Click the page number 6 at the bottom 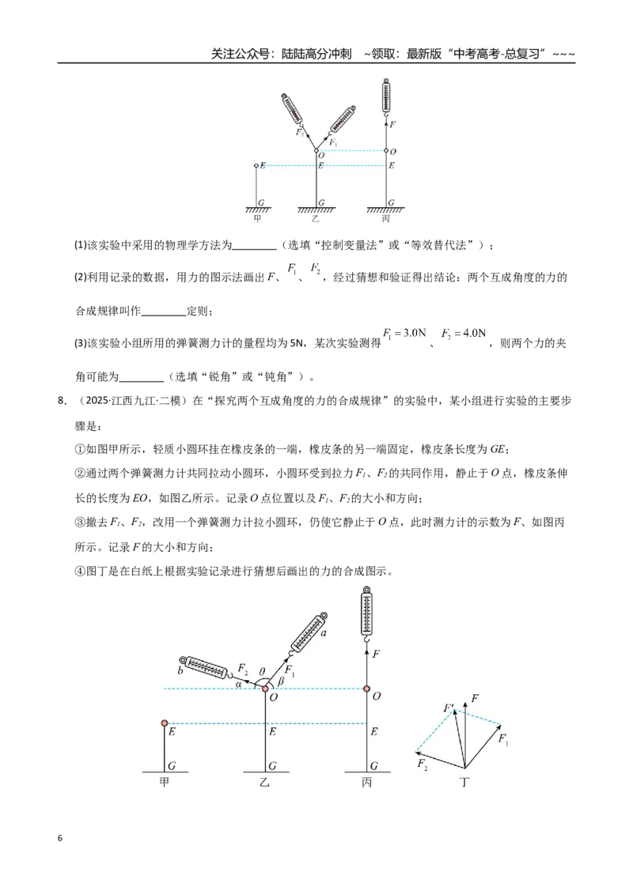click(x=60, y=838)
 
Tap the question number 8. click(x=63, y=401)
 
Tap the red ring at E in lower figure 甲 click(x=165, y=723)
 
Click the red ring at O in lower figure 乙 click(x=265, y=689)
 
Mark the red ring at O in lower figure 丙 click(x=367, y=689)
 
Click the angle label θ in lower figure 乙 click(x=262, y=672)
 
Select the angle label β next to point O click(x=281, y=681)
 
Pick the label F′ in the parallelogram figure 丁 click(x=449, y=708)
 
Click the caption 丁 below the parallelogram click(x=464, y=782)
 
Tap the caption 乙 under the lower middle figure click(x=264, y=782)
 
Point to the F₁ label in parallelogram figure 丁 click(x=502, y=740)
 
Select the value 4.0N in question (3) click(x=474, y=333)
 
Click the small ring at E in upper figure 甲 click(x=256, y=165)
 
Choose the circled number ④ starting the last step click(x=80, y=571)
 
